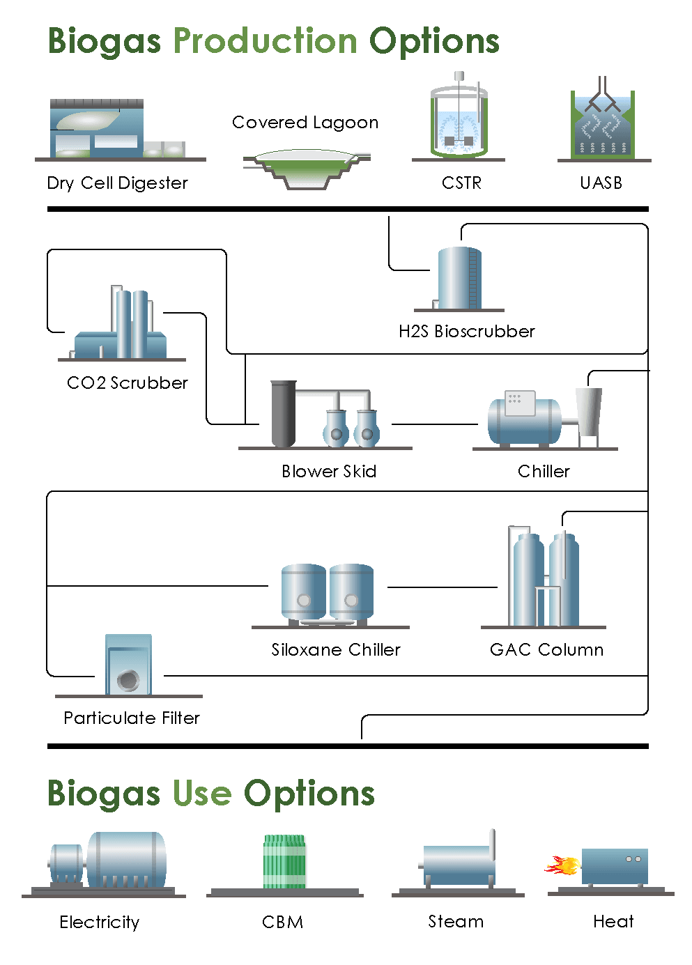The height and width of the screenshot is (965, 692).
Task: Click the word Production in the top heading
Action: (265, 41)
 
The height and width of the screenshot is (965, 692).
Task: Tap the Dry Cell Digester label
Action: (117, 183)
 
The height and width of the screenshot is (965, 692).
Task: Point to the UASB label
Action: (601, 183)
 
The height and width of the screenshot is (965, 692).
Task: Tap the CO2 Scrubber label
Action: (128, 383)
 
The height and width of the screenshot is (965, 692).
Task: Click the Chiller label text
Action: (544, 471)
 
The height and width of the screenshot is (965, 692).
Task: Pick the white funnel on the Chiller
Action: (589, 411)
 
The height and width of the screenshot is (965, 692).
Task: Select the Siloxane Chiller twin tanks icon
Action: (328, 592)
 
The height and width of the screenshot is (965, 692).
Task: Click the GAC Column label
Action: (546, 649)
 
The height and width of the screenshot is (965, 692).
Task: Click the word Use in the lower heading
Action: (202, 794)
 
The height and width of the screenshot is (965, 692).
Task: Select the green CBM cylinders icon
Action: (284, 861)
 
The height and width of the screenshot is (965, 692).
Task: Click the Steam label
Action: (456, 921)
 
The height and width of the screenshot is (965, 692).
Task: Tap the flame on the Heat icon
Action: (564, 866)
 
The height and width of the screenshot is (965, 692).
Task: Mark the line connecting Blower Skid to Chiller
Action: (434, 424)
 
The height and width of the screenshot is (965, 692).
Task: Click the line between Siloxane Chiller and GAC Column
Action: (442, 587)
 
